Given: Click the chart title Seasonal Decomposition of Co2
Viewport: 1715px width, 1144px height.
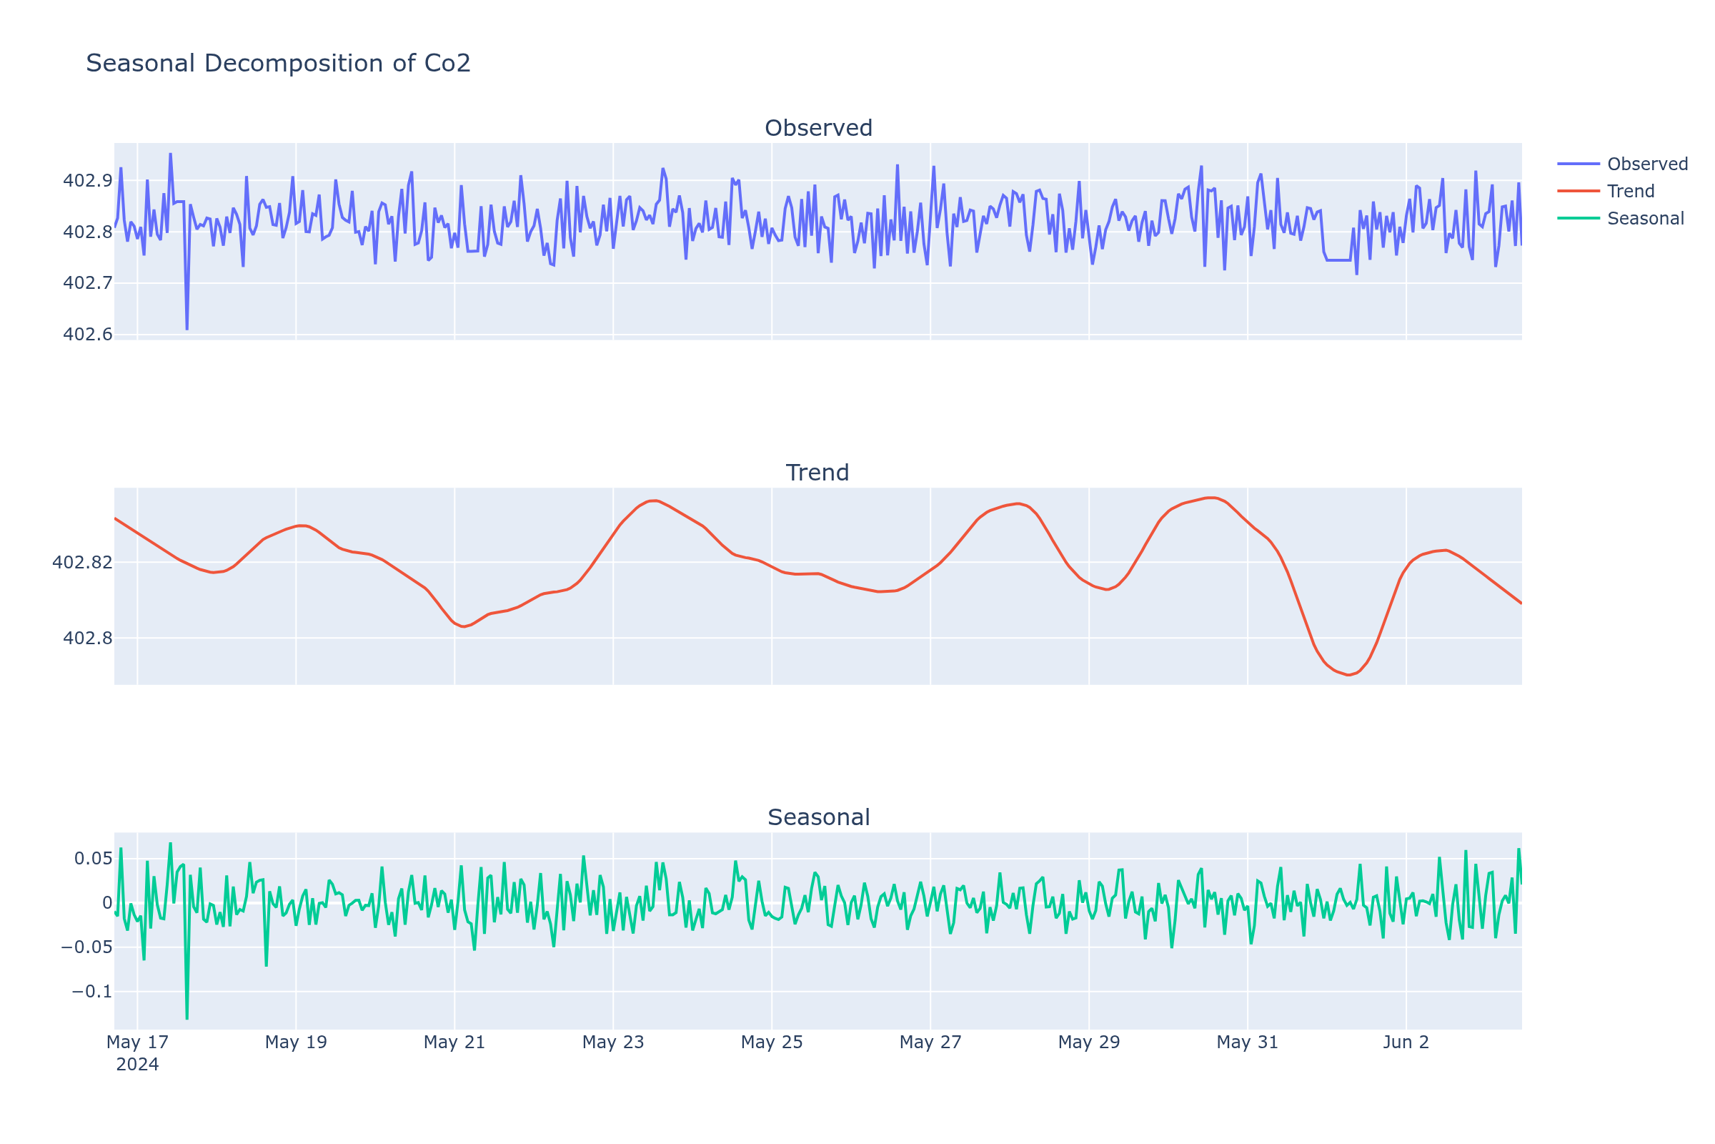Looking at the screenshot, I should [278, 64].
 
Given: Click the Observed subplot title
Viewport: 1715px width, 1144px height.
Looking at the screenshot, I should [818, 129].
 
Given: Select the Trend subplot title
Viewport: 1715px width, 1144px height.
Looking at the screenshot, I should [817, 473].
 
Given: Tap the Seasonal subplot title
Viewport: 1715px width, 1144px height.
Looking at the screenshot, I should [818, 817].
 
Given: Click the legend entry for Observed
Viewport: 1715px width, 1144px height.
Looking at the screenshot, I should [1646, 164].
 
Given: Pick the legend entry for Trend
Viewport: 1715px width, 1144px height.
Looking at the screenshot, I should [1631, 191].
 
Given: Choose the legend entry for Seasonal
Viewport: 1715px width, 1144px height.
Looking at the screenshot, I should [1645, 218].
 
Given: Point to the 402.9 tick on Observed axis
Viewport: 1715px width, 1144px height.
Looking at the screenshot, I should [87, 180].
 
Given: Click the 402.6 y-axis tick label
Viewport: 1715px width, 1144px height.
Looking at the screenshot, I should [87, 335].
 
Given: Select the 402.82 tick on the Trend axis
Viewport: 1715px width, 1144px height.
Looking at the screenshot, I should [82, 563].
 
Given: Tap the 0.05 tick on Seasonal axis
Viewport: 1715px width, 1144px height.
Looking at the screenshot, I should [93, 858].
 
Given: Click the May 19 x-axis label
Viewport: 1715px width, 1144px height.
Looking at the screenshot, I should [295, 1042].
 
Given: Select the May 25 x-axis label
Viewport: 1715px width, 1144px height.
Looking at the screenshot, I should [772, 1042].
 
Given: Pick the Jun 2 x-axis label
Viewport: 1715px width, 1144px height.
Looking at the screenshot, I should [1406, 1042].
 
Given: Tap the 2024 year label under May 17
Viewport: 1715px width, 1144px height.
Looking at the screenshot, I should [137, 1065].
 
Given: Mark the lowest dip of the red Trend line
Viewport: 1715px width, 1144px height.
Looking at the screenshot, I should [1348, 675].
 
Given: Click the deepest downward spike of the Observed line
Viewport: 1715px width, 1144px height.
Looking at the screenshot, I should [187, 329].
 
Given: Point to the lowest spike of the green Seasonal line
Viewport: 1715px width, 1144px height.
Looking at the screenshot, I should [187, 1018].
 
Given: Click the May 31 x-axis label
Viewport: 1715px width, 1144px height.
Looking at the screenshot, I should [1247, 1042].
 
